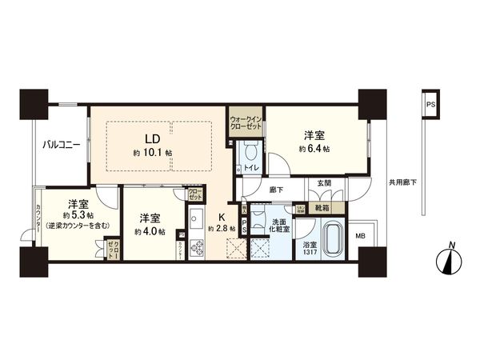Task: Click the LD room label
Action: [150, 136]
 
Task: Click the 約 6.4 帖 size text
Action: [314, 149]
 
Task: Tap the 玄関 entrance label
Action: [326, 184]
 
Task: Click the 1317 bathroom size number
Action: [309, 254]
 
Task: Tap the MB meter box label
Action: [360, 235]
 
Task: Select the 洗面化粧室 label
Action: [282, 225]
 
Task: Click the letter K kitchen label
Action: [223, 215]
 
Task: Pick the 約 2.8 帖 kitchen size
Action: [222, 229]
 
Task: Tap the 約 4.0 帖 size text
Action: [150, 232]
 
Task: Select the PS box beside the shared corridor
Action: [430, 105]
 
